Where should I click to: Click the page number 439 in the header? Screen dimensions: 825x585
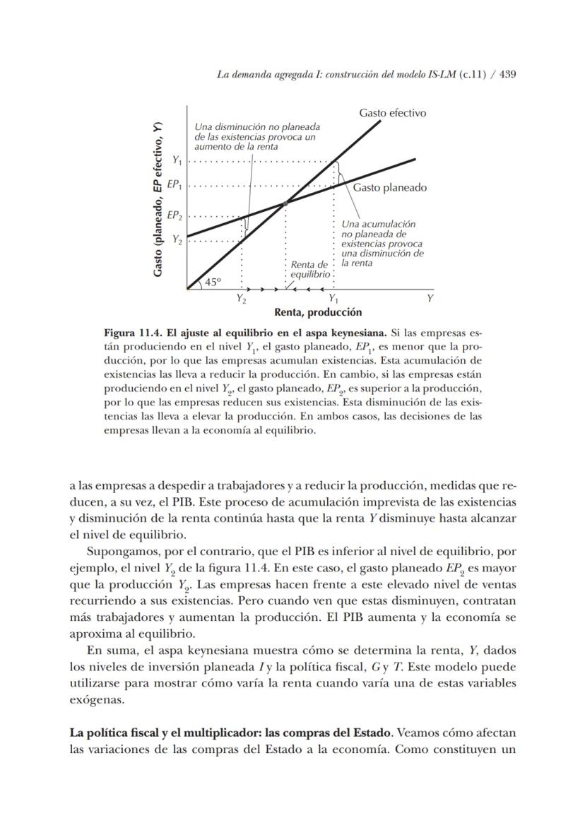(x=507, y=74)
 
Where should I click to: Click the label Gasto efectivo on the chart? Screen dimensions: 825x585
(x=392, y=113)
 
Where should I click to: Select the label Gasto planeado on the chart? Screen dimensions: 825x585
(x=390, y=188)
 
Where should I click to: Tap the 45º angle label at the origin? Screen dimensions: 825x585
(x=212, y=281)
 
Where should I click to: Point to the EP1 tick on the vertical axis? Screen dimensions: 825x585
(x=175, y=186)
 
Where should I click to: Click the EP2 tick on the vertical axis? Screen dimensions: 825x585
(x=175, y=216)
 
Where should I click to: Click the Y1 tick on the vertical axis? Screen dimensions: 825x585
(x=177, y=161)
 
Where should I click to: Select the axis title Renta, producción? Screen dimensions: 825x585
(x=317, y=312)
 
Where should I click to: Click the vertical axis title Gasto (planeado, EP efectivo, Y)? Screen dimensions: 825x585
(x=159, y=199)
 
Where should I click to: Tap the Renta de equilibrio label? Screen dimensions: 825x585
(x=310, y=269)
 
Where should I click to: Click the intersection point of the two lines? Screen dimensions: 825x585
(x=285, y=203)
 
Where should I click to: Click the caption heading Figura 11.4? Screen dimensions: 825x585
(x=131, y=332)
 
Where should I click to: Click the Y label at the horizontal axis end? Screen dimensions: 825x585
(x=430, y=299)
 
